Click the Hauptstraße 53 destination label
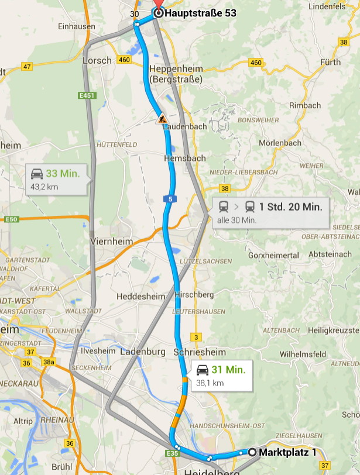[201, 12]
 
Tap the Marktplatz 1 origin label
[287, 452]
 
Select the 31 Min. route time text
[228, 370]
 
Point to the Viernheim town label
[112, 241]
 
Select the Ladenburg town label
[143, 352]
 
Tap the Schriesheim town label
[200, 352]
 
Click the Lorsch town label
[97, 60]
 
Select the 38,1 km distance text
[210, 383]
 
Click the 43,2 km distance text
[44, 187]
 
